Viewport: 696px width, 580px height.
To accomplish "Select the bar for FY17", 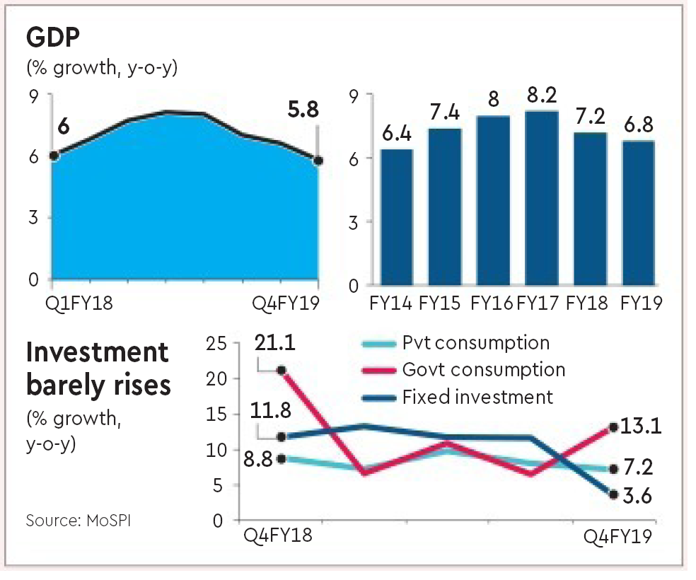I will coord(542,198).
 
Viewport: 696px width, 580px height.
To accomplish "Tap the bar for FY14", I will coord(398,216).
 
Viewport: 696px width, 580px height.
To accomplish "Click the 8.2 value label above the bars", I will coord(542,95).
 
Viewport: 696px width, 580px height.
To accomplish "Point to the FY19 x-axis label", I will coord(641,304).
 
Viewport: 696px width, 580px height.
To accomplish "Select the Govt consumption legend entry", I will coord(484,369).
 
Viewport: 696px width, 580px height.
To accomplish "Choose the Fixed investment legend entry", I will coord(477,396).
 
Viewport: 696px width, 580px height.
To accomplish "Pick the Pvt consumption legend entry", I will coord(475,343).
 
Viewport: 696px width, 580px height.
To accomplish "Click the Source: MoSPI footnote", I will coord(78,521).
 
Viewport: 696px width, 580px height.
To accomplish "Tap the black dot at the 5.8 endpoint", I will coord(318,161).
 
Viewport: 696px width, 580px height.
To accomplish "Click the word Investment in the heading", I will coord(98,352).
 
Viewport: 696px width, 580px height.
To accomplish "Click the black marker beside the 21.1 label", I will coord(282,370).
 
